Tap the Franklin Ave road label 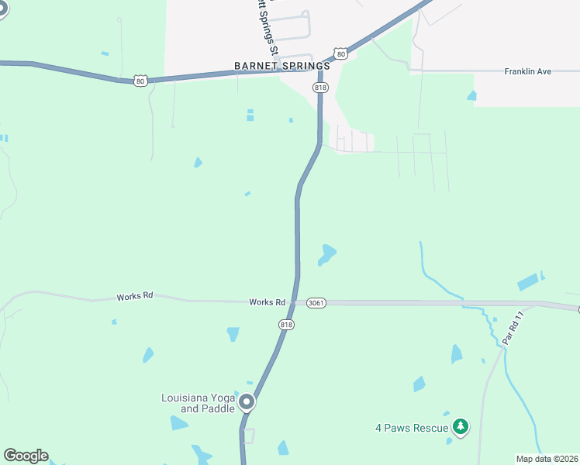[x=527, y=71]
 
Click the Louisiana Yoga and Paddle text [x=198, y=403]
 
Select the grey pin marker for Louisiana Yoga [x=247, y=401]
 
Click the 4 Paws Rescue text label [x=412, y=428]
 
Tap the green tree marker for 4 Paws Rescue [x=461, y=426]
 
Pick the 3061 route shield [x=316, y=302]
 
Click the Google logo [x=26, y=456]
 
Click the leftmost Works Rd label [x=135, y=296]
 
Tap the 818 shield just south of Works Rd [x=287, y=325]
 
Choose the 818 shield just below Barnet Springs [x=320, y=88]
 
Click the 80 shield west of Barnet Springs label [x=140, y=80]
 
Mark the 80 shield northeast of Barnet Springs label [x=340, y=54]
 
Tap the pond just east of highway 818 [x=327, y=253]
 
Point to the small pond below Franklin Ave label [x=471, y=96]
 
